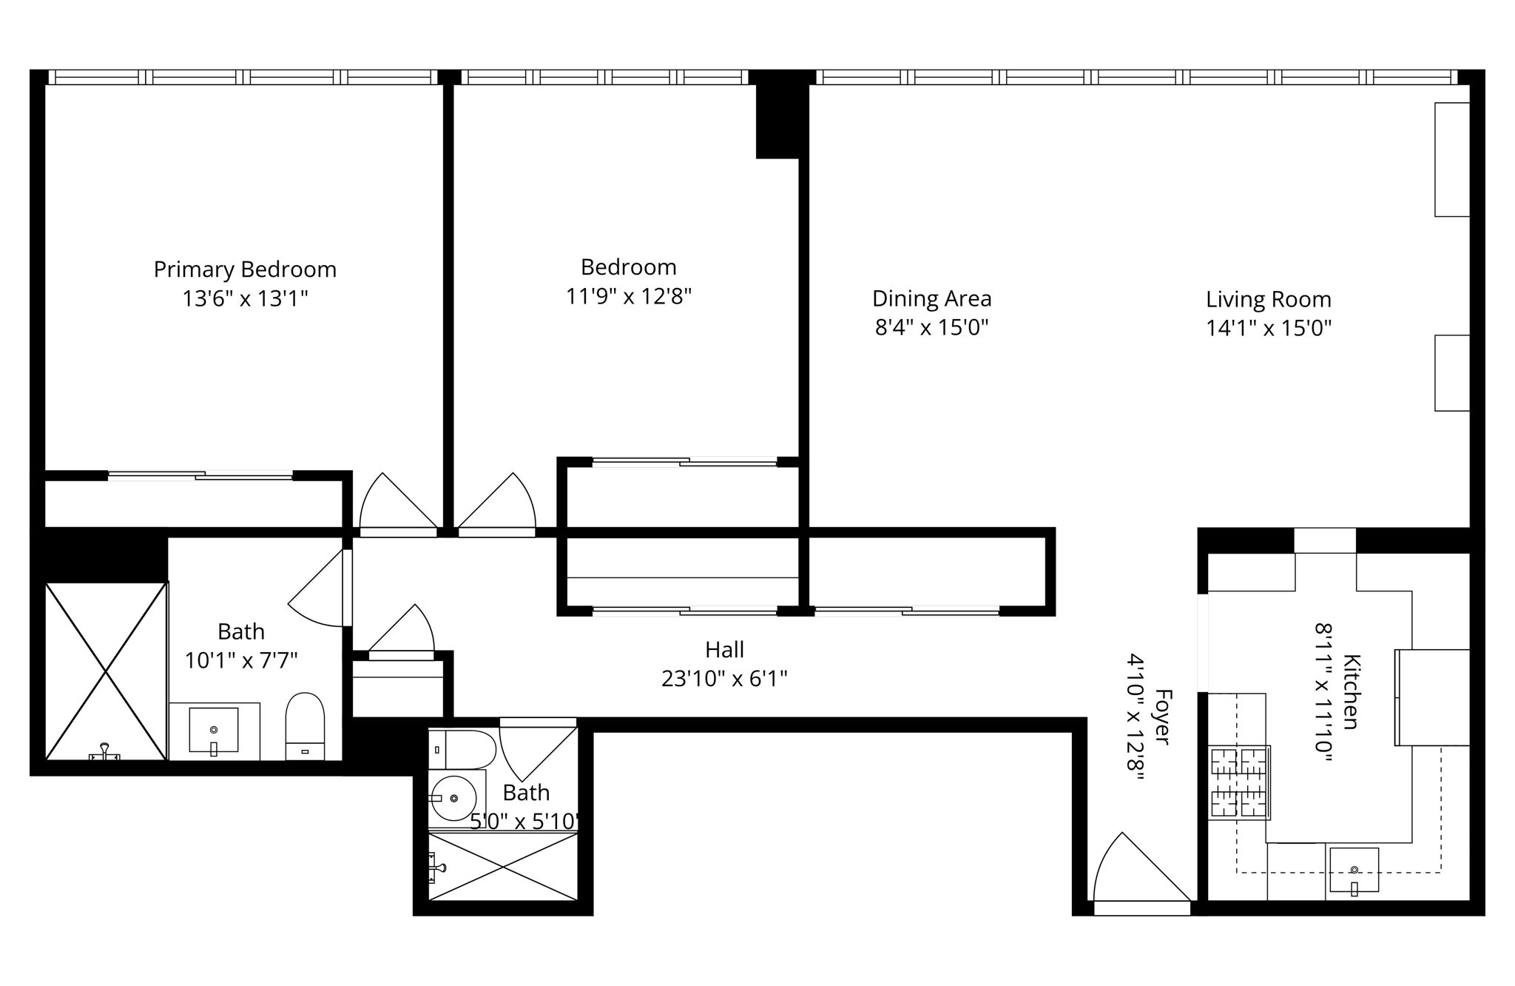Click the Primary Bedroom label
pyautogui.click(x=245, y=269)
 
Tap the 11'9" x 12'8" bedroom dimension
pyautogui.click(x=628, y=297)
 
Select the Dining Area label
pyautogui.click(x=931, y=299)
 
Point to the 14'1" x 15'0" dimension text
pyautogui.click(x=1268, y=329)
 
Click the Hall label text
pyautogui.click(x=724, y=650)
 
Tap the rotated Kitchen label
pyautogui.click(x=1351, y=691)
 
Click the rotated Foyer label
pyautogui.click(x=1163, y=717)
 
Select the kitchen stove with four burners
pyautogui.click(x=1239, y=782)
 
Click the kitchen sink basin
pyautogui.click(x=1354, y=870)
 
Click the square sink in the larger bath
pyautogui.click(x=214, y=730)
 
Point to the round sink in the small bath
pyautogui.click(x=453, y=798)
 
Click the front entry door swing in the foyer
pyautogui.click(x=1136, y=870)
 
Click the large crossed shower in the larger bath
pyautogui.click(x=106, y=671)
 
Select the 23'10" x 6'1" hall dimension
pyautogui.click(x=724, y=679)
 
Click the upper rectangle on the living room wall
pyautogui.click(x=1451, y=159)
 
